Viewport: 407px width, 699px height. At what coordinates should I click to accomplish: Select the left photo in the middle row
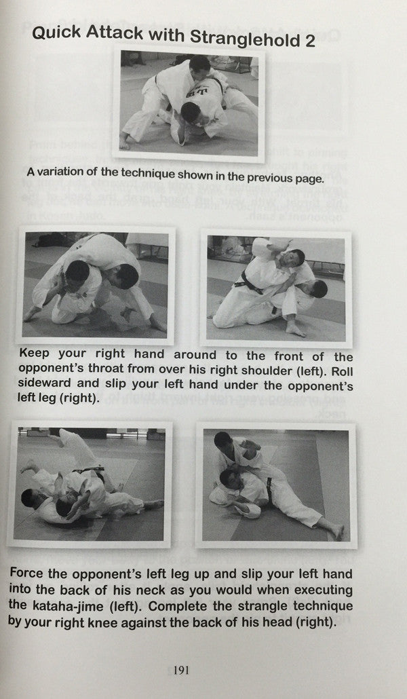point(95,286)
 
